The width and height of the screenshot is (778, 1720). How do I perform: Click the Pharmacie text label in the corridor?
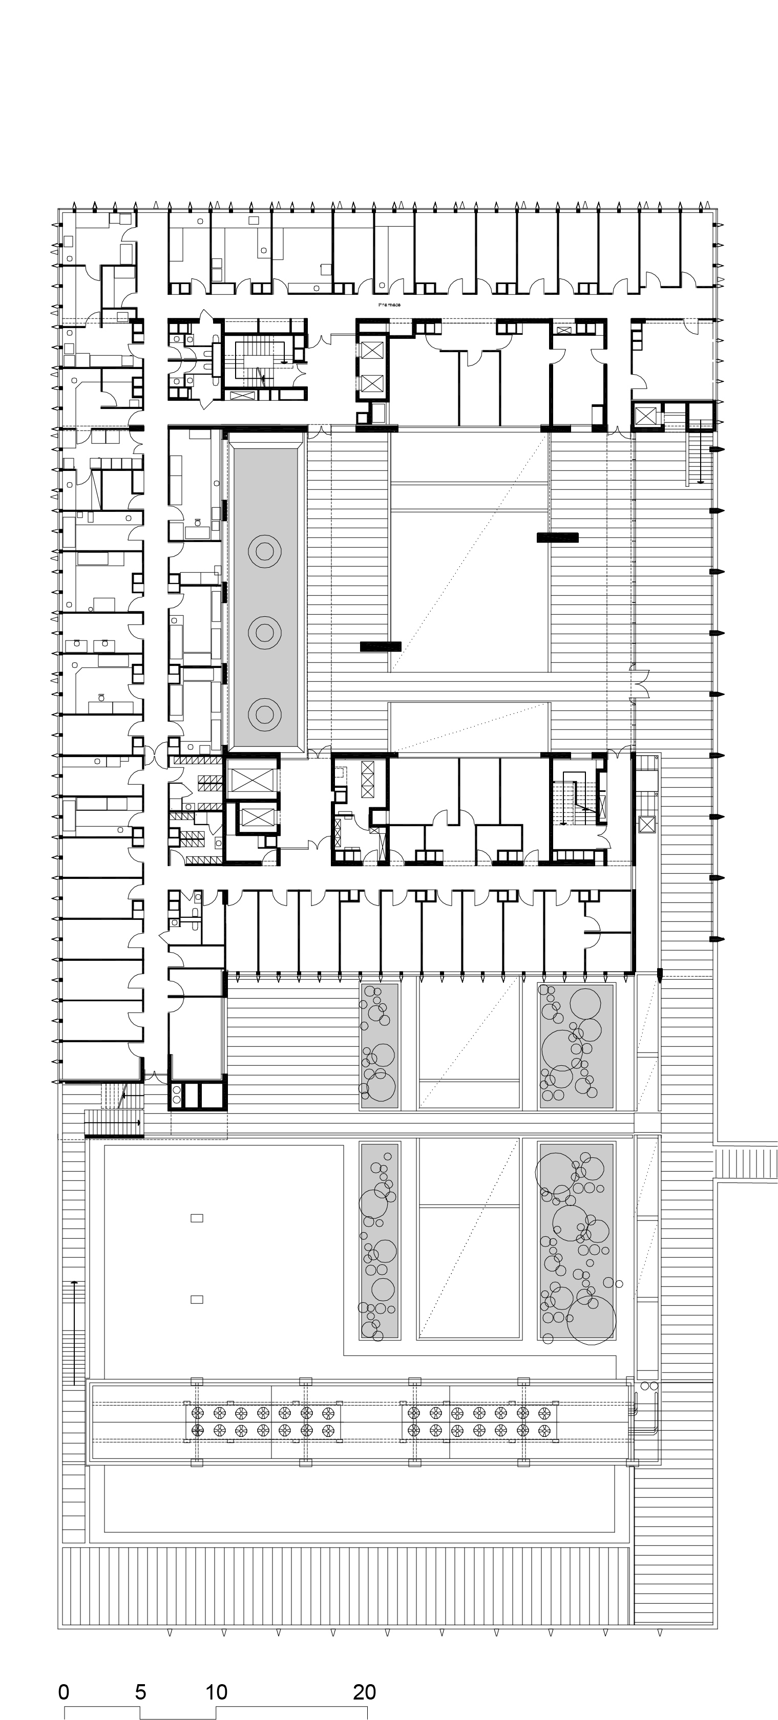[389, 305]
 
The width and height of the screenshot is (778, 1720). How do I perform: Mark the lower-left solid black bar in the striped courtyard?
[381, 646]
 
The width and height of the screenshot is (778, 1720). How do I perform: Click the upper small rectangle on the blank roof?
[197, 1218]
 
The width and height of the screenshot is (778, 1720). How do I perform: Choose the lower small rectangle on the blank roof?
[197, 1299]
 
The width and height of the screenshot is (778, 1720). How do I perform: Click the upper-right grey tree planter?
[576, 1046]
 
